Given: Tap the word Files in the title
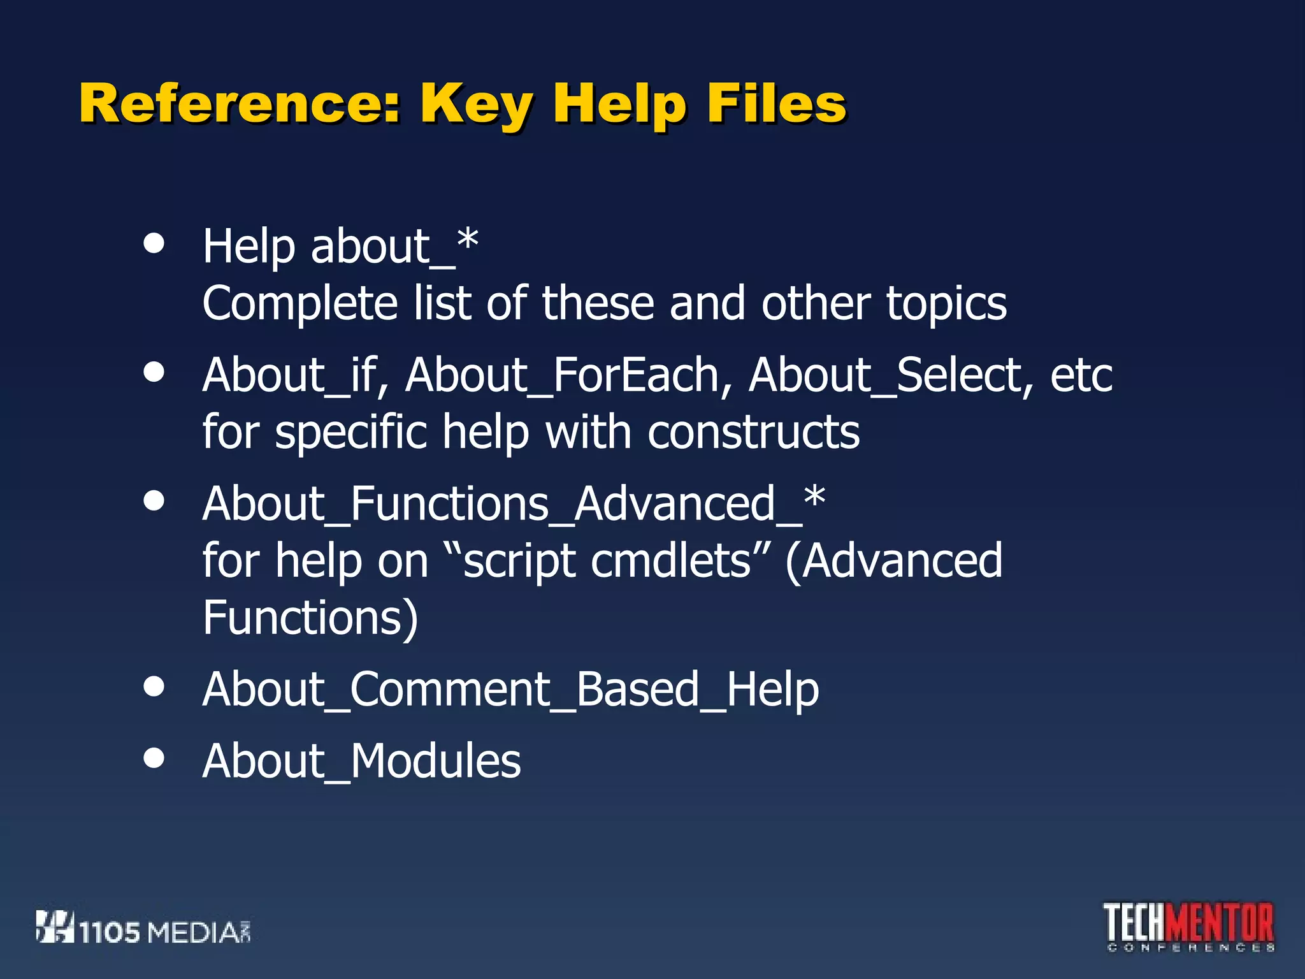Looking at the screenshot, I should [x=776, y=104].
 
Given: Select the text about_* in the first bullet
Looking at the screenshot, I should [x=394, y=246].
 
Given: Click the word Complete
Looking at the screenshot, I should [x=300, y=303].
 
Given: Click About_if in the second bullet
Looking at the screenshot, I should [x=291, y=375].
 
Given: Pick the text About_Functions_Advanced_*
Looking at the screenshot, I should [x=514, y=504].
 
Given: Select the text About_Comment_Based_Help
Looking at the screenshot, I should [x=510, y=690].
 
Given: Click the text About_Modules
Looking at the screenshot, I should [x=361, y=761].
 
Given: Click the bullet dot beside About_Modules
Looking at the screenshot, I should [x=154, y=758].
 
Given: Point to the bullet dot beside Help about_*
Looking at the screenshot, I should [x=154, y=243].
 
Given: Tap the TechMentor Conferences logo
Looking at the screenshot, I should [x=1189, y=927].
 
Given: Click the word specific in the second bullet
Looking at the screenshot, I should [x=350, y=432].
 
